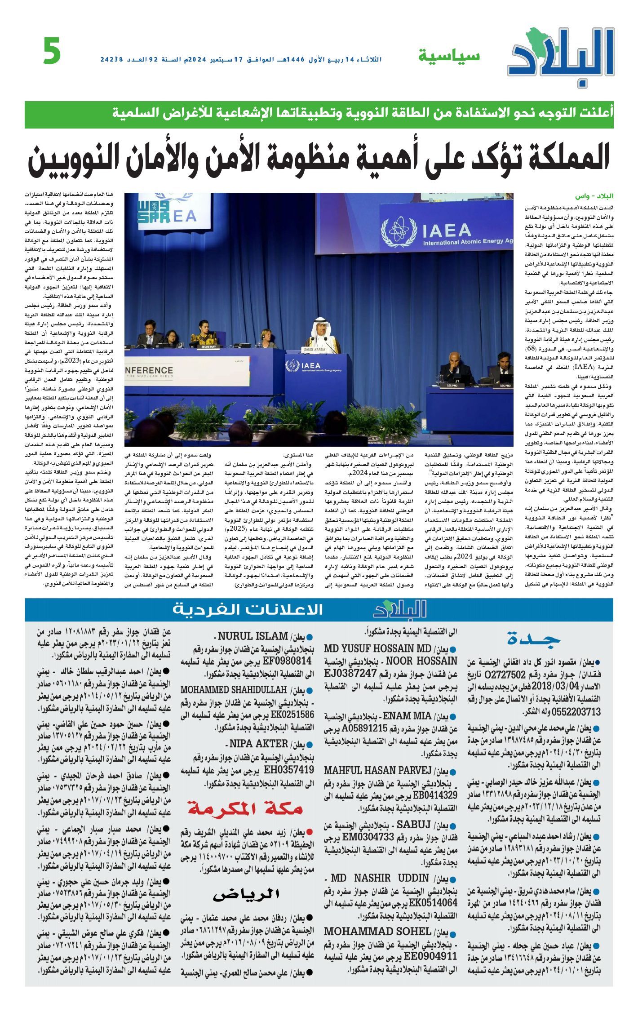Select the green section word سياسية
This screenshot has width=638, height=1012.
tap(449, 56)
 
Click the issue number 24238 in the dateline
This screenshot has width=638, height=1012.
tap(112, 59)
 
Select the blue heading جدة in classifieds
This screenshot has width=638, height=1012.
tap(534, 639)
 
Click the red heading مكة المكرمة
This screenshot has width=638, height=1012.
tap(245, 808)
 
